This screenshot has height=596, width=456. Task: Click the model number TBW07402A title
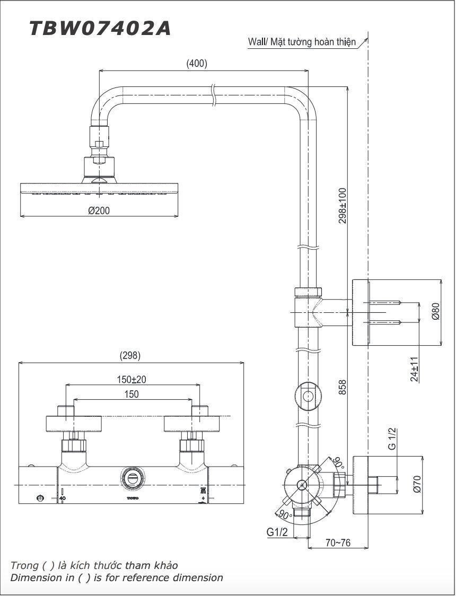(100, 28)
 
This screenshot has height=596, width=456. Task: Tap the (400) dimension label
(197, 64)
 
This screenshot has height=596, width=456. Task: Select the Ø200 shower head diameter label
(99, 211)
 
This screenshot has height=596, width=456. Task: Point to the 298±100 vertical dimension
(343, 205)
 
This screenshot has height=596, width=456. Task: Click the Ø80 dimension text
(435, 311)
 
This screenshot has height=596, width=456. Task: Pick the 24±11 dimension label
(415, 369)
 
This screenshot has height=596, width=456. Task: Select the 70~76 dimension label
(338, 544)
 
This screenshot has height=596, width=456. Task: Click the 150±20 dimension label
(131, 380)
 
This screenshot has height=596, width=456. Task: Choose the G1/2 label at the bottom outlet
(277, 532)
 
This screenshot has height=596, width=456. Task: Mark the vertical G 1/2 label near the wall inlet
(392, 439)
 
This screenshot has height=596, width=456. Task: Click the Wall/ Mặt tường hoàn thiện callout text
(302, 42)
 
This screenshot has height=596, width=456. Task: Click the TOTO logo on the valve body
(131, 498)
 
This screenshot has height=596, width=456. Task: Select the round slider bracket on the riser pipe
(308, 396)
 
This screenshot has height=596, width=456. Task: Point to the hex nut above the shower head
(100, 143)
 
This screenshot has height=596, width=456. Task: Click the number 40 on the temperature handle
(62, 498)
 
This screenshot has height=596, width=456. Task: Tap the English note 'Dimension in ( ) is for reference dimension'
(117, 578)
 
